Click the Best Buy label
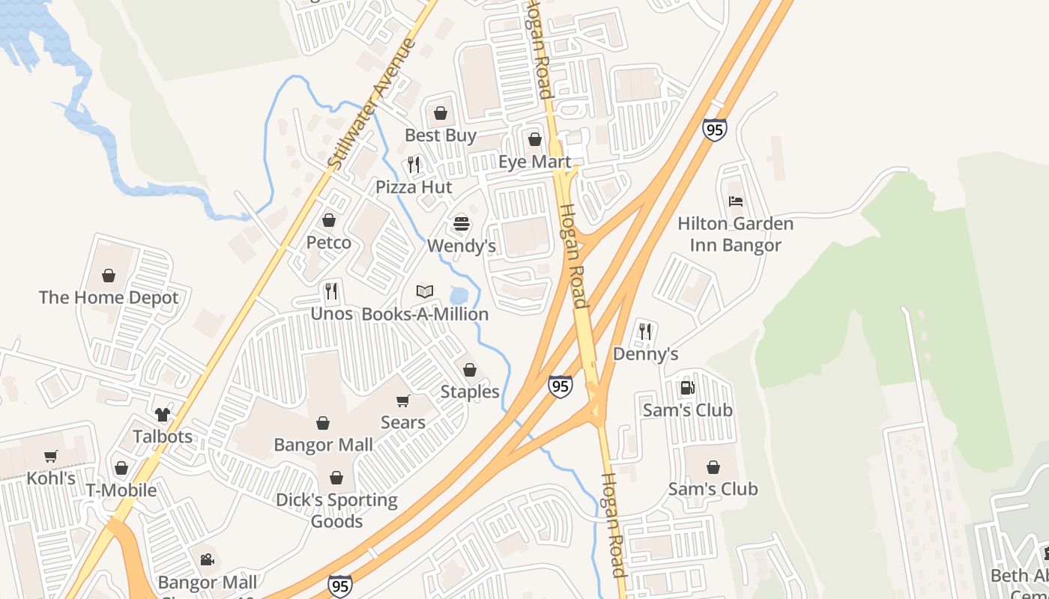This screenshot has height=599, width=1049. click(441, 136)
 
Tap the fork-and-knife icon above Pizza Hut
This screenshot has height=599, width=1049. click(414, 164)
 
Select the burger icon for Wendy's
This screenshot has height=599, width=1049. click(461, 223)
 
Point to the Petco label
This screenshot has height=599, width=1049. click(328, 243)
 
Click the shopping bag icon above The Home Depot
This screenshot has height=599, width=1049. click(109, 276)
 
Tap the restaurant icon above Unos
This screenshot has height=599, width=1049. click(331, 291)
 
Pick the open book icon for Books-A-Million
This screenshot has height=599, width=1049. click(425, 291)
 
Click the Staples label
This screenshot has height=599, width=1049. click(470, 392)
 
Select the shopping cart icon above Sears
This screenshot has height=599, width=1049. click(403, 401)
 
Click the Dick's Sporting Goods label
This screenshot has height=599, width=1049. click(337, 511)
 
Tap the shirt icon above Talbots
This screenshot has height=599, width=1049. click(163, 414)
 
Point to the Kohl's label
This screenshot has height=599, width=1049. click(51, 478)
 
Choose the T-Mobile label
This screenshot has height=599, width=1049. click(121, 490)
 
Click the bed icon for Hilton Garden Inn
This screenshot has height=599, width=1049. click(736, 201)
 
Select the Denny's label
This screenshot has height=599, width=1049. click(645, 354)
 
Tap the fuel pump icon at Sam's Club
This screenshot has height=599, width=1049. click(687, 388)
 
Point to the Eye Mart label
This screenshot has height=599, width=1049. click(535, 162)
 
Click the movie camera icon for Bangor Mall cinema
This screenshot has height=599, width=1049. click(207, 559)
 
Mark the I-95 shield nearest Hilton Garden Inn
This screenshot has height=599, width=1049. click(714, 130)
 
